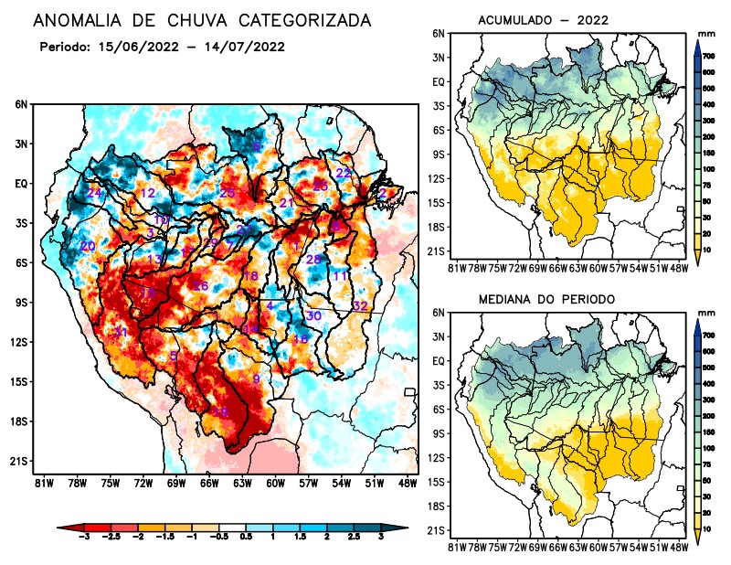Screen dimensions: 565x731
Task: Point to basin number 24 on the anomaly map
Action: tap(95, 193)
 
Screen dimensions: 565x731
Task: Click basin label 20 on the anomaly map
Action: tap(88, 247)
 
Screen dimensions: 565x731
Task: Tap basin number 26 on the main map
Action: tap(201, 286)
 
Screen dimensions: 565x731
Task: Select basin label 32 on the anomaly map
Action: tap(360, 305)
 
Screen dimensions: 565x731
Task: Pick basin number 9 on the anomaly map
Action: tap(257, 378)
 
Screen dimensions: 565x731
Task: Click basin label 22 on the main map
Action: tap(344, 173)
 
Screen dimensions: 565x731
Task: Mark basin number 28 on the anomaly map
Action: tap(313, 260)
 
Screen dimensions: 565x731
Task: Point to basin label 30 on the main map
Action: tap(313, 315)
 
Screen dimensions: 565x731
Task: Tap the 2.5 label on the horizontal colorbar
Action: tap(354, 539)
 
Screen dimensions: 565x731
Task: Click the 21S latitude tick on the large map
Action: tap(18, 461)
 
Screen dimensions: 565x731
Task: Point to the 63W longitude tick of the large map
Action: tap(241, 483)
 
